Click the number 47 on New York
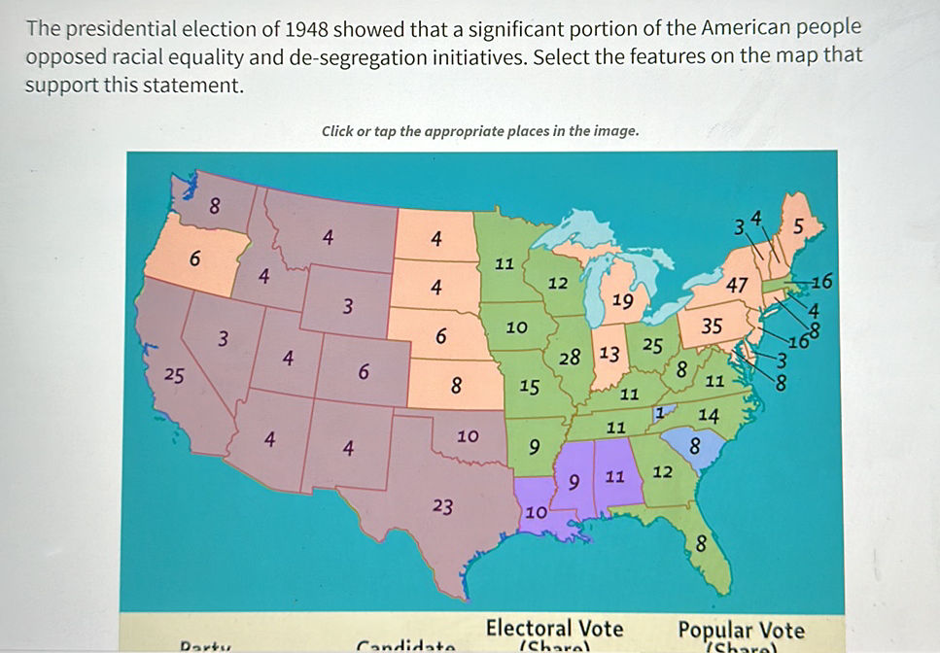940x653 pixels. [736, 286]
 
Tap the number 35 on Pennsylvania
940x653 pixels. [712, 326]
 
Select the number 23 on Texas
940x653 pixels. [442, 505]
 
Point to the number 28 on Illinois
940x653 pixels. [570, 358]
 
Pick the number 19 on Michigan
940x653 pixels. [623, 302]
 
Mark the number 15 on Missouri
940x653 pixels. [529, 387]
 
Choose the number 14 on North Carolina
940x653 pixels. [709, 415]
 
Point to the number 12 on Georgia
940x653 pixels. [663, 472]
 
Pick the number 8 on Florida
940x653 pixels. [701, 544]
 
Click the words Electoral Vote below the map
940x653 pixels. [554, 627]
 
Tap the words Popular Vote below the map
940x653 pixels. [741, 628]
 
